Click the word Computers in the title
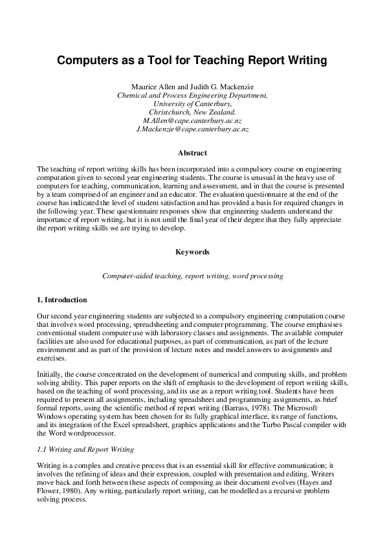pos(87,61)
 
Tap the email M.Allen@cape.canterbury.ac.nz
pos(192,120)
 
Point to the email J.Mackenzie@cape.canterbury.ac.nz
pos(192,129)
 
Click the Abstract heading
pos(192,153)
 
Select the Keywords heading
pos(192,251)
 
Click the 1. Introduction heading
pos(63,300)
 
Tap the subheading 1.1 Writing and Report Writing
pos(84,450)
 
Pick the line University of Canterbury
pos(192,103)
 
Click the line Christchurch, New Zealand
pos(192,111)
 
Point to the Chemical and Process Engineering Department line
pos(192,95)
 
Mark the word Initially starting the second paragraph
pos(49,373)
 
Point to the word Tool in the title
pos(160,61)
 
